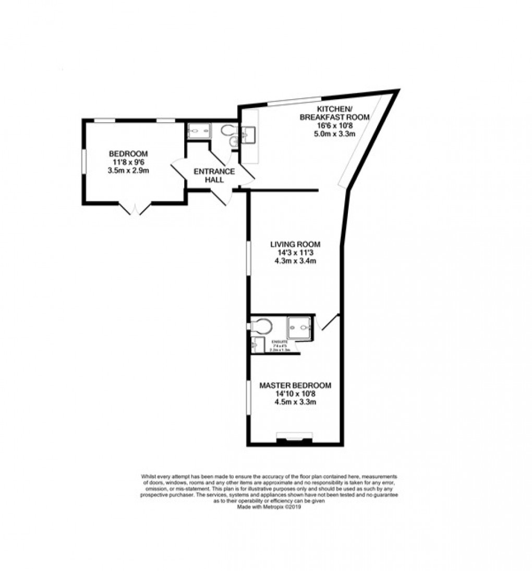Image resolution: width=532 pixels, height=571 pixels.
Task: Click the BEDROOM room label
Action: [x=128, y=153]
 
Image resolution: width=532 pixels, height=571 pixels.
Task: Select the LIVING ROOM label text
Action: [x=295, y=244]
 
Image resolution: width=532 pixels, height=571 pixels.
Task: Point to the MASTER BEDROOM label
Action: [x=295, y=385]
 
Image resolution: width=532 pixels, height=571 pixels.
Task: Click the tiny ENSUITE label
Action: [x=275, y=341]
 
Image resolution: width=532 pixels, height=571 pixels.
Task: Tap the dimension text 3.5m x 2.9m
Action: [x=128, y=170]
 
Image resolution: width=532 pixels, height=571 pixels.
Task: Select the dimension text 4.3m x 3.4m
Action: [x=295, y=261]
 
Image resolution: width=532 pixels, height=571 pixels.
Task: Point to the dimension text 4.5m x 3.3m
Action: [x=295, y=402]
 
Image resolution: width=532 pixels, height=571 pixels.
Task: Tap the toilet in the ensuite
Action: [x=261, y=327]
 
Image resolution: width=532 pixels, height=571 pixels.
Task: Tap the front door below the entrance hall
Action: [x=219, y=197]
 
